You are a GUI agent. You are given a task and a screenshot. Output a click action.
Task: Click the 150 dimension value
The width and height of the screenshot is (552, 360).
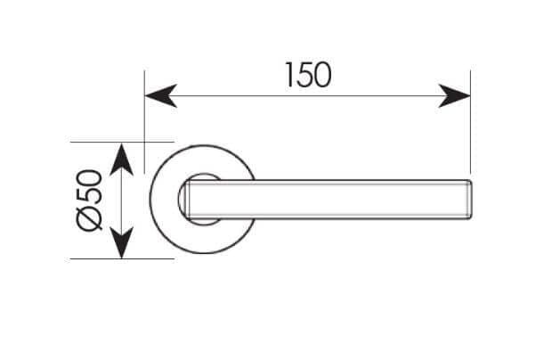click(x=308, y=75)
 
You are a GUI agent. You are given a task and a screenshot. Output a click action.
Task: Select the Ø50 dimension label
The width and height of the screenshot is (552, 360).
click(x=89, y=200)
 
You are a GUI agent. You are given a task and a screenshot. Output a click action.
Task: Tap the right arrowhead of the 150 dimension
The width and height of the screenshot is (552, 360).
click(x=454, y=95)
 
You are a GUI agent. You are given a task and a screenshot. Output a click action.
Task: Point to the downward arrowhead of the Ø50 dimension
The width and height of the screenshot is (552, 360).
click(x=121, y=242)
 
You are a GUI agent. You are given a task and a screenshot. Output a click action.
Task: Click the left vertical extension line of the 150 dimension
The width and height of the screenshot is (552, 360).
click(x=145, y=122)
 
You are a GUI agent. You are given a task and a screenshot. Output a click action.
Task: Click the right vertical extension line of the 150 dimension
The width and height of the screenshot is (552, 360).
click(x=471, y=119)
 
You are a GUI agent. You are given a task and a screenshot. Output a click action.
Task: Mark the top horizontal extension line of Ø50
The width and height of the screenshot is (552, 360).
click(x=122, y=142)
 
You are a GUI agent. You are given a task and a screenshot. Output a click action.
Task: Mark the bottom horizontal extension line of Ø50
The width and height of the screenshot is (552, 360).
click(x=122, y=259)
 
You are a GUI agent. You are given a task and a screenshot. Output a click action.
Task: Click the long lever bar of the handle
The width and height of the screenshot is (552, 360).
click(x=329, y=200)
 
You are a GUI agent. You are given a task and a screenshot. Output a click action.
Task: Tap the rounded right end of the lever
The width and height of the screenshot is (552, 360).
click(x=469, y=200)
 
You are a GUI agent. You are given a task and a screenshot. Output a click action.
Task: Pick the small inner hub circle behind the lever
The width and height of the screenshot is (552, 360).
click(x=181, y=200)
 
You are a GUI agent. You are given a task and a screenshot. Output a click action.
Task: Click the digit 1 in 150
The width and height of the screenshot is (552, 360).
click(x=289, y=75)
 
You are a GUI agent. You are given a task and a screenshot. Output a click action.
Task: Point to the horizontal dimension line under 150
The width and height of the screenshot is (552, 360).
click(x=308, y=95)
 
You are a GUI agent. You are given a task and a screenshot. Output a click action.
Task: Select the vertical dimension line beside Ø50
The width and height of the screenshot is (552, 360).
click(x=121, y=200)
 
